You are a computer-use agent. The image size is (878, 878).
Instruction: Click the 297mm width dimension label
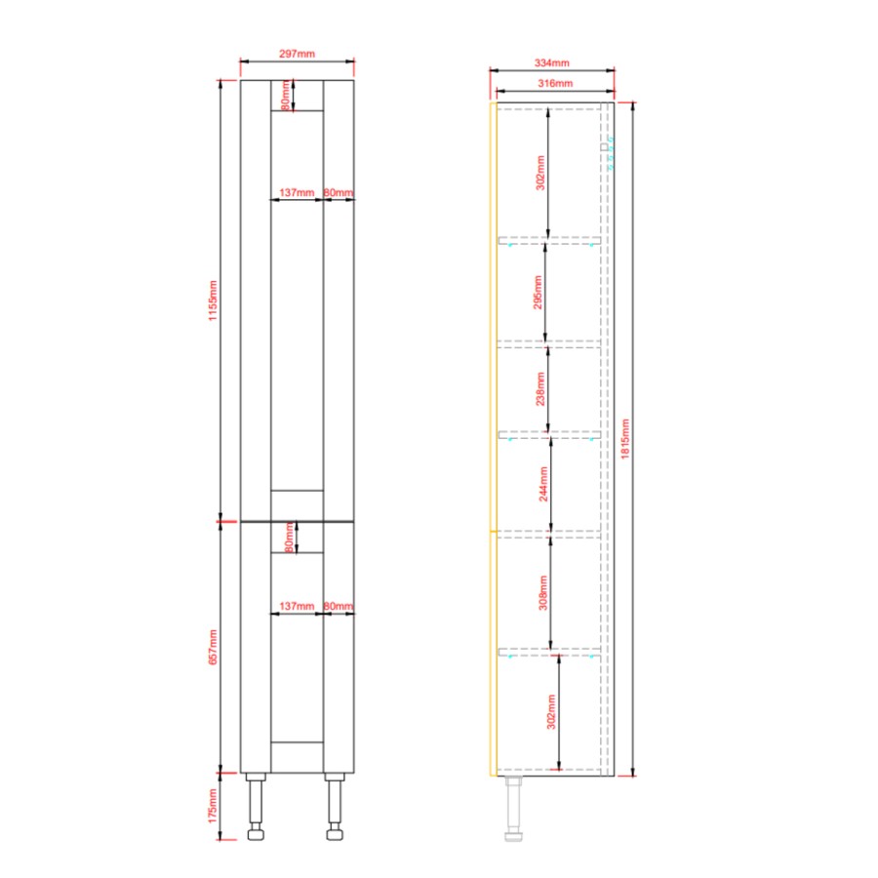tap(297, 54)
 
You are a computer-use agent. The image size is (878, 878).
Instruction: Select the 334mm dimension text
tap(551, 62)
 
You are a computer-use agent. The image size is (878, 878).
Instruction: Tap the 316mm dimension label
tap(555, 83)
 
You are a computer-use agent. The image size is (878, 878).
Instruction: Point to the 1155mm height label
tap(213, 300)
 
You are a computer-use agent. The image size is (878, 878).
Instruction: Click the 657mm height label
tap(213, 647)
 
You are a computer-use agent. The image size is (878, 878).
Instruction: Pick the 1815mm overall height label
tap(625, 439)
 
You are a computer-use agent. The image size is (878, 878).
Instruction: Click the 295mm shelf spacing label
tap(538, 293)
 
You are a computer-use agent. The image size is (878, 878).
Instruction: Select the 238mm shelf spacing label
tap(539, 388)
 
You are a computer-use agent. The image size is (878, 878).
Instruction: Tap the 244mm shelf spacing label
tap(543, 484)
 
